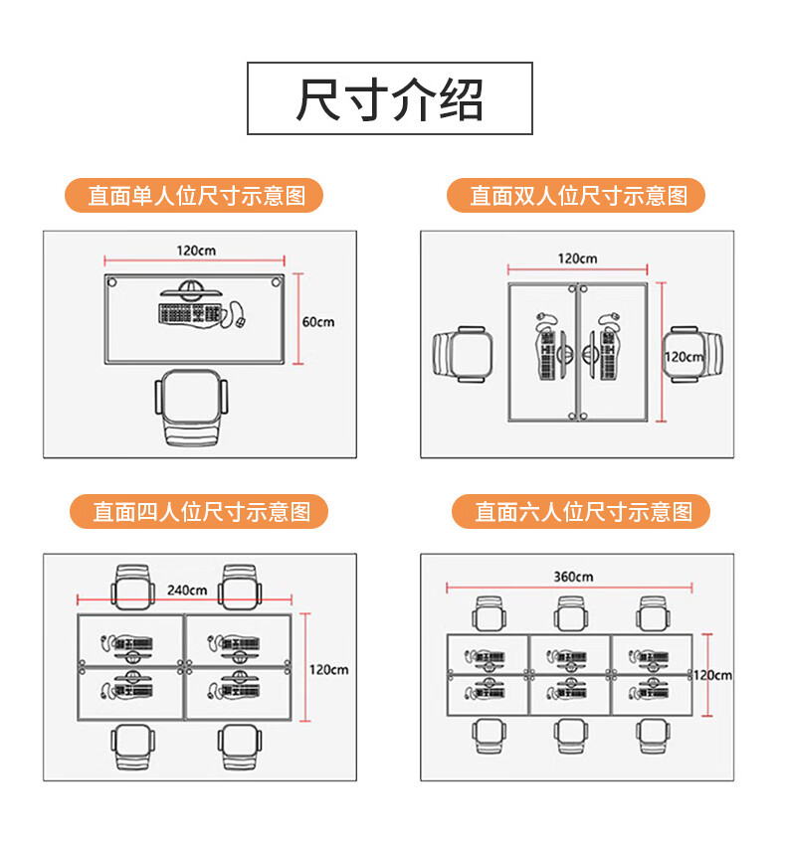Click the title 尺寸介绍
point(389,98)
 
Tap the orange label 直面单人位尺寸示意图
point(195,195)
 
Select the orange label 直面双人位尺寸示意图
point(578,195)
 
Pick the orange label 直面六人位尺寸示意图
point(583,512)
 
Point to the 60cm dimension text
point(318,322)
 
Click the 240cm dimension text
point(187,590)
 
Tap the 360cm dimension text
point(572,577)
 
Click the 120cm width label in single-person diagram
point(196,251)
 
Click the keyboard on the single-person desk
point(188,314)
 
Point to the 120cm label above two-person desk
point(577,258)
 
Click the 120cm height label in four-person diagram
point(329,669)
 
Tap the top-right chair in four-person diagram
point(242,588)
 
